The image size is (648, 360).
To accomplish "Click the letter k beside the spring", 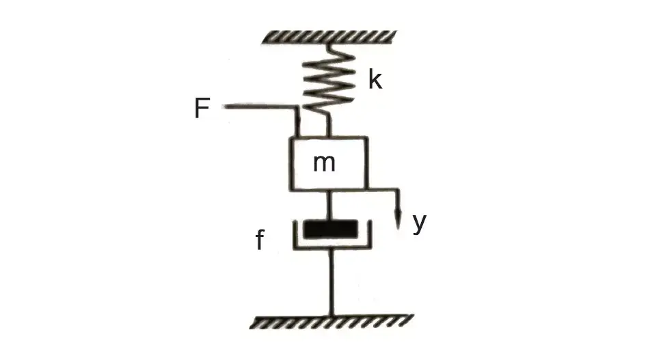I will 375,81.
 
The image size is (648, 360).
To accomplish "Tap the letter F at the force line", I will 202,109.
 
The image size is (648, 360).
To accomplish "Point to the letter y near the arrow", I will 419,223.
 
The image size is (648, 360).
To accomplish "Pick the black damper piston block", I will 330,228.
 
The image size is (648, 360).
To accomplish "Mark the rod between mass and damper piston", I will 330,204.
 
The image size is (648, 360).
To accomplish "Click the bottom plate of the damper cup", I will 331,248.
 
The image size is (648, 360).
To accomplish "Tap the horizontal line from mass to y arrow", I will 383,190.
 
